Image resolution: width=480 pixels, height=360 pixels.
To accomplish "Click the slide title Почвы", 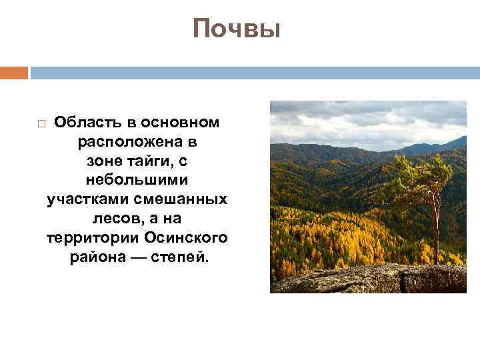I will point(237,29).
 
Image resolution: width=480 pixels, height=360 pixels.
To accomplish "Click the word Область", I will point(85,123).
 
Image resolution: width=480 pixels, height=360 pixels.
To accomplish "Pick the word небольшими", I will point(137,180).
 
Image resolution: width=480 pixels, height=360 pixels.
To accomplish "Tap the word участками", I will point(87,199).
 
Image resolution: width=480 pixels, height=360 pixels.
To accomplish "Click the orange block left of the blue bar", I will point(14,72).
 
